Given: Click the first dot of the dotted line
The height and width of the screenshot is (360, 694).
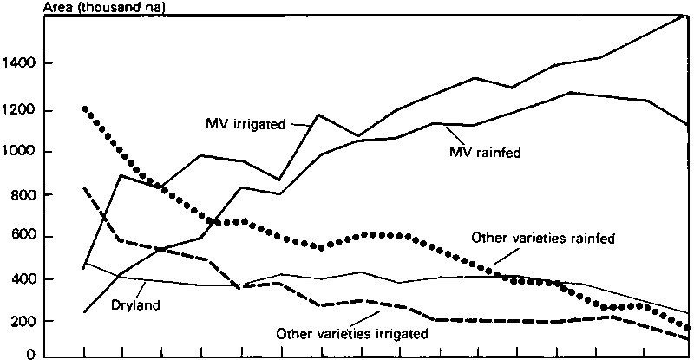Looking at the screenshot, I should coord(84,109).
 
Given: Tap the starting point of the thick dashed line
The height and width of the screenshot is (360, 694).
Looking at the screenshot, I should coord(84,187).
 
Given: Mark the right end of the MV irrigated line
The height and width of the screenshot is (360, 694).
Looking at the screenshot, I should coord(688,15).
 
